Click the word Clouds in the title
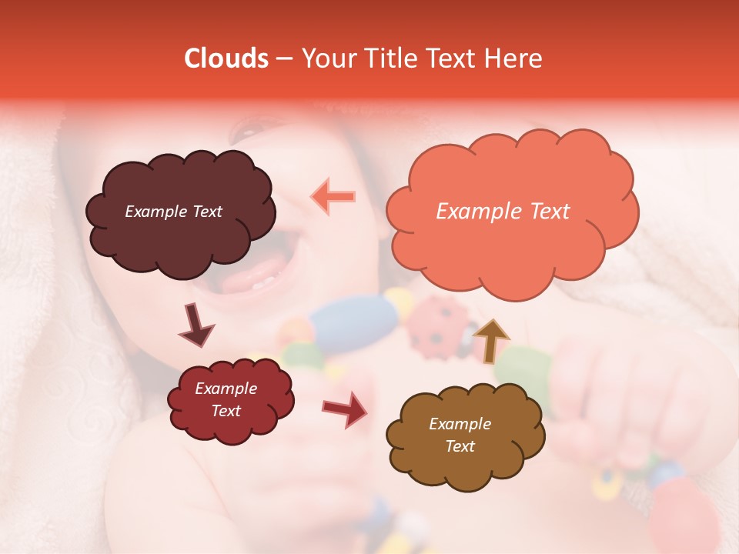pyautogui.click(x=226, y=58)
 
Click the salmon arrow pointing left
pyautogui.click(x=333, y=197)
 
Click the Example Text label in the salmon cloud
pyautogui.click(x=503, y=212)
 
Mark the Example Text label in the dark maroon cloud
pyautogui.click(x=173, y=212)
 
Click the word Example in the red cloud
pyautogui.click(x=226, y=389)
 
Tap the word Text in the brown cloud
pyautogui.click(x=460, y=446)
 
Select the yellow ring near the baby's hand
pyautogui.click(x=609, y=481)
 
